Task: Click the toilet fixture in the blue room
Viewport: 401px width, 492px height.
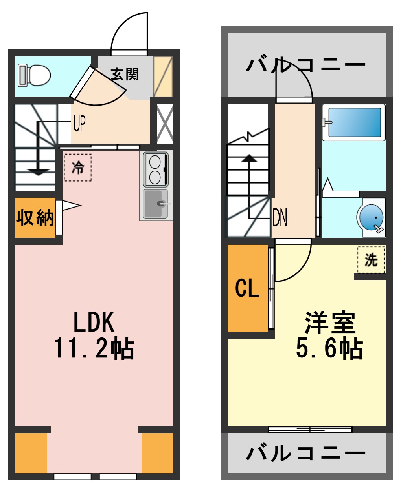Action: [35, 75]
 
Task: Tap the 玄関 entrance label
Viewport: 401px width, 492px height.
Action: [125, 74]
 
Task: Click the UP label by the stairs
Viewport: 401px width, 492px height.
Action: [79, 124]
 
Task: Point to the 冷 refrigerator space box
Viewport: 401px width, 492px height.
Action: [78, 168]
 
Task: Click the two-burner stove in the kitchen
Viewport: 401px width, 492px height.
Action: [156, 169]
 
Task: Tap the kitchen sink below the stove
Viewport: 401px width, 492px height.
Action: [156, 204]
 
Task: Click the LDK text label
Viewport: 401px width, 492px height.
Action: [94, 322]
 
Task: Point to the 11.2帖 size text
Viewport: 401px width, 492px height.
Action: [94, 348]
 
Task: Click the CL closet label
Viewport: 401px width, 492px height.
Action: [247, 288]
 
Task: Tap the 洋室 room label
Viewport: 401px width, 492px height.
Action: [330, 323]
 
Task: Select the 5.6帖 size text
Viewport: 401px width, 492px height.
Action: [329, 348]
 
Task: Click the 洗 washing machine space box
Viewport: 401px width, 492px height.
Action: [371, 259]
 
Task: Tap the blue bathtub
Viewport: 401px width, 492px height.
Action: [354, 122]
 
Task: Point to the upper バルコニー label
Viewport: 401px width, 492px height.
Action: [306, 65]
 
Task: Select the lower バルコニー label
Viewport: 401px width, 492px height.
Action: [306, 454]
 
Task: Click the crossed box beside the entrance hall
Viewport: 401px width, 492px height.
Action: [165, 123]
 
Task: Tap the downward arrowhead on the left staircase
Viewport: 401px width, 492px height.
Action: [38, 172]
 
